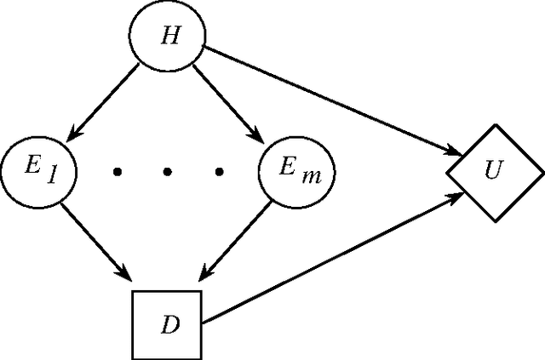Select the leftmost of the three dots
click(x=117, y=172)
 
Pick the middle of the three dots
click(x=168, y=172)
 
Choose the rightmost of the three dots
click(x=219, y=172)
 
